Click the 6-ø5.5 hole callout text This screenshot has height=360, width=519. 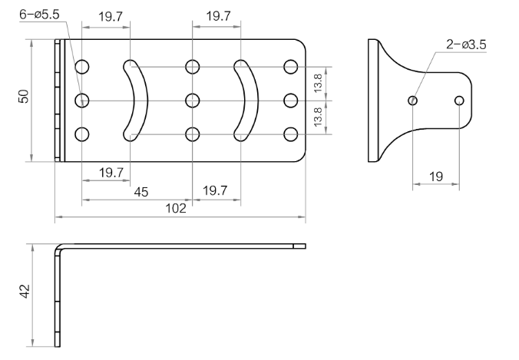tap(39, 15)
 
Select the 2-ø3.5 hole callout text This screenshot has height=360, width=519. tap(466, 45)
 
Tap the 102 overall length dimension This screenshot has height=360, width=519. tap(175, 208)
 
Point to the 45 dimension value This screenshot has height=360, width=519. tap(141, 192)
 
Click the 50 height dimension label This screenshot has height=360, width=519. tap(24, 96)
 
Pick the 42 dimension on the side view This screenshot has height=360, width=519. tap(25, 291)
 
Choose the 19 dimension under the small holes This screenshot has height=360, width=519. tap(436, 177)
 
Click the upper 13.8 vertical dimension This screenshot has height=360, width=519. tap(317, 83)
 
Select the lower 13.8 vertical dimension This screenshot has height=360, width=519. tap(317, 117)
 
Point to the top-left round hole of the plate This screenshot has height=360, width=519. tap(82, 67)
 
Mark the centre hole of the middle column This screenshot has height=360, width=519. tap(192, 101)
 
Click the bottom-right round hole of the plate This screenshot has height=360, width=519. tap(291, 134)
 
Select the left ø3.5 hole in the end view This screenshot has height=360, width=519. tap(413, 101)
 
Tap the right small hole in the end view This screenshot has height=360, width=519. tap(459, 101)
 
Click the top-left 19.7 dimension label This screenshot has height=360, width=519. tap(111, 17)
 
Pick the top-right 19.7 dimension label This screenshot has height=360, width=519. tap(219, 16)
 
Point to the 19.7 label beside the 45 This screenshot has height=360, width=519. tap(215, 190)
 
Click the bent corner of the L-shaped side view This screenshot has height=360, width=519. tap(59, 247)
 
